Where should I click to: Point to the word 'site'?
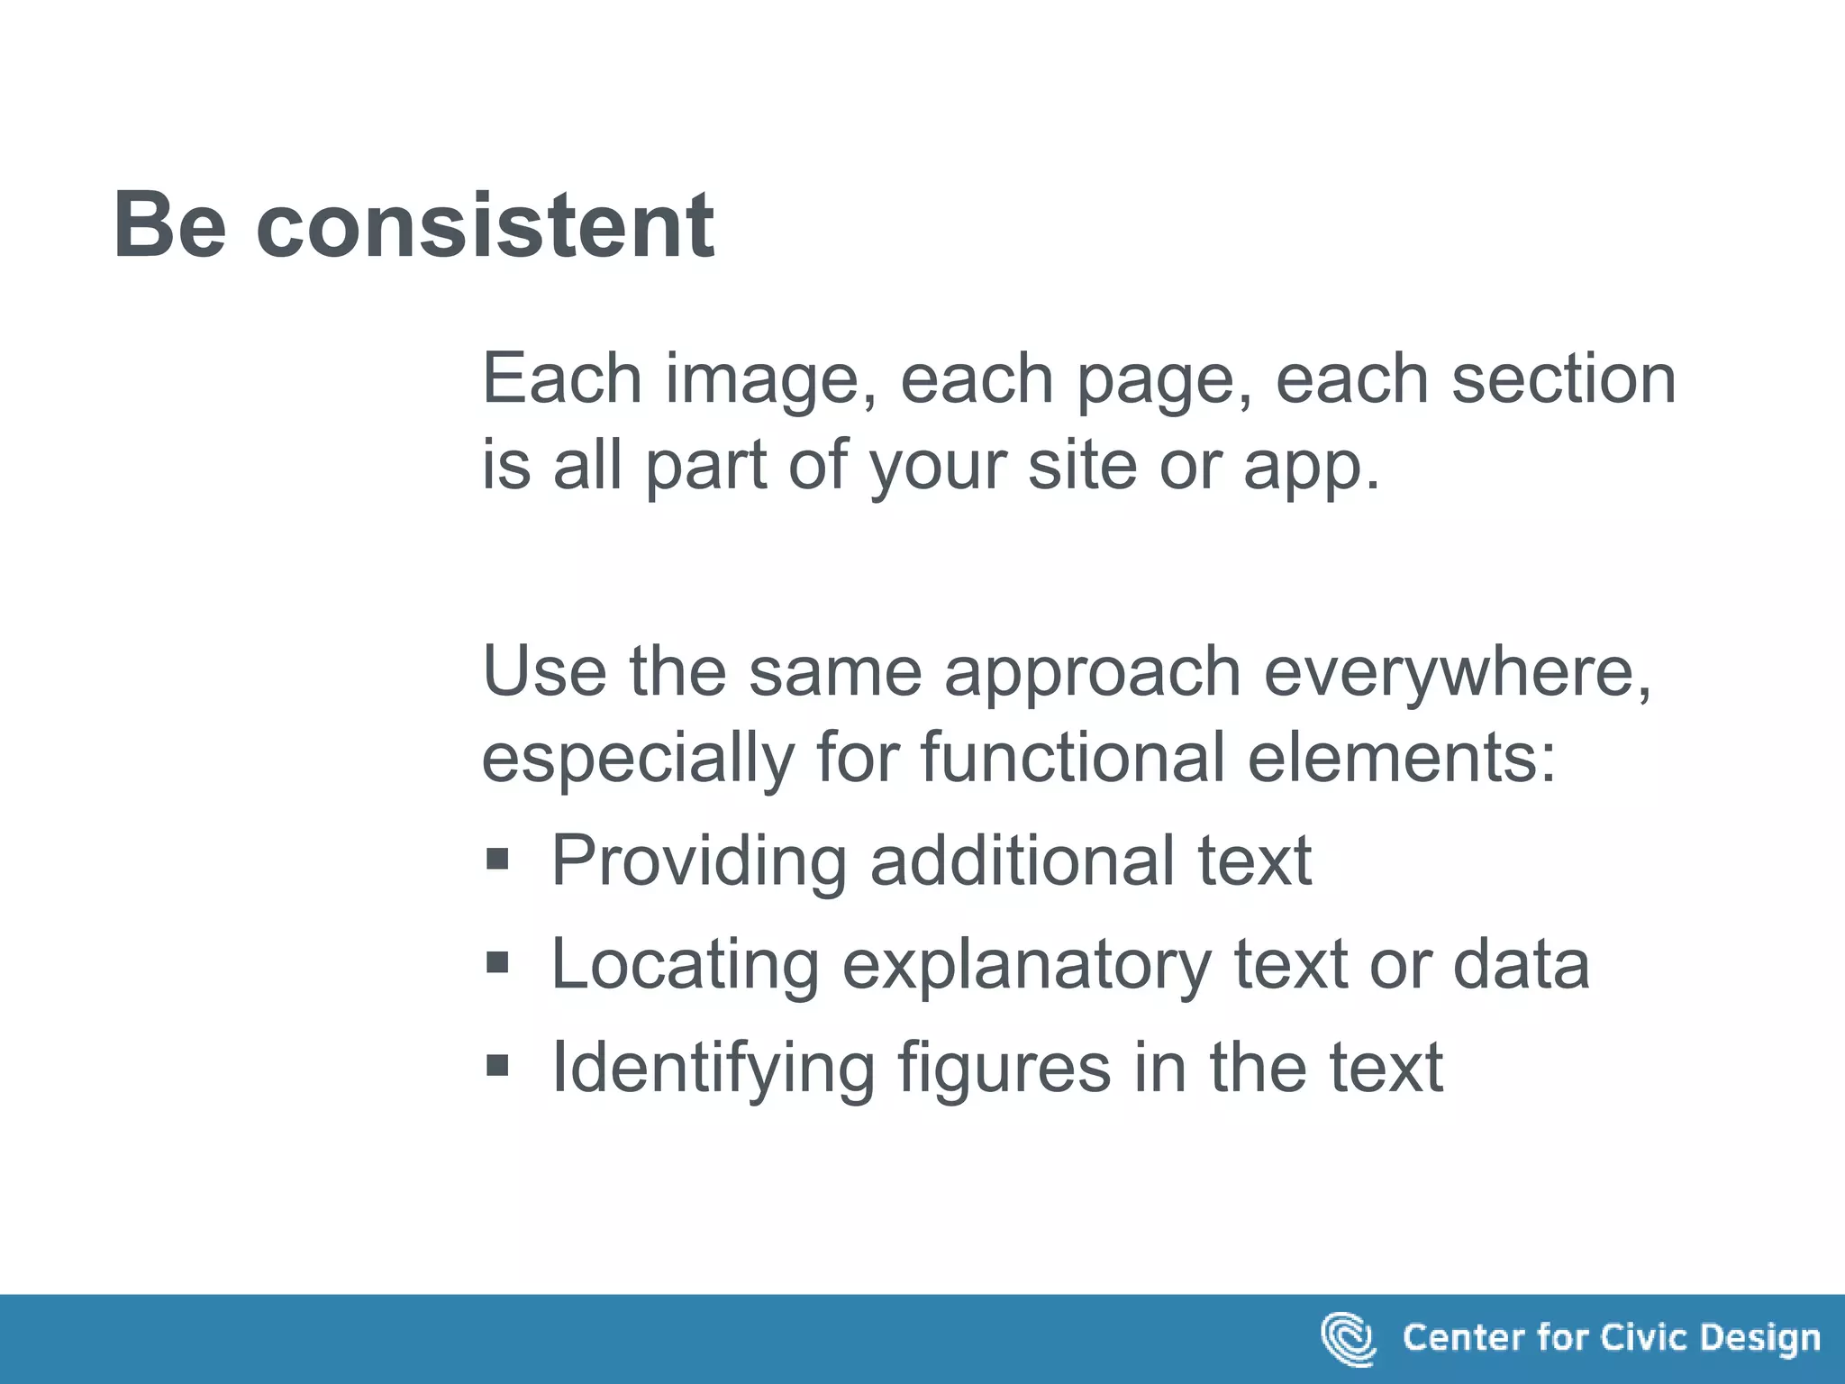pyautogui.click(x=1082, y=465)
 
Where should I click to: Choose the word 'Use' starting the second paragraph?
pyautogui.click(x=544, y=671)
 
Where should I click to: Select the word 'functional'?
pyautogui.click(x=1072, y=757)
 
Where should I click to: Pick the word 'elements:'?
pyautogui.click(x=1402, y=757)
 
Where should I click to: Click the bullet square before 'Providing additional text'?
pyautogui.click(x=497, y=859)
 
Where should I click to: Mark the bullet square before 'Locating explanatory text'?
pyautogui.click(x=497, y=963)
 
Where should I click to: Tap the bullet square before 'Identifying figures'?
pyautogui.click(x=497, y=1067)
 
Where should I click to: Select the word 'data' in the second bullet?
pyautogui.click(x=1521, y=964)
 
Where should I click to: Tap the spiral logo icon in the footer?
pyautogui.click(x=1348, y=1339)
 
